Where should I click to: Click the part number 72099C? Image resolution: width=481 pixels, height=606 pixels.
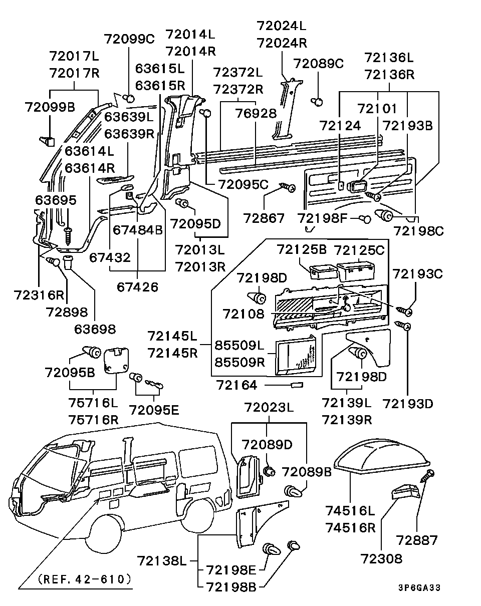[130, 39]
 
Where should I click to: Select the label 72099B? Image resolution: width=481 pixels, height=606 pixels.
[50, 107]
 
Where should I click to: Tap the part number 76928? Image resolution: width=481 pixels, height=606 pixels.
[256, 114]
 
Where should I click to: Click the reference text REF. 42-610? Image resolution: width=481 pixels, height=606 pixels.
[85, 579]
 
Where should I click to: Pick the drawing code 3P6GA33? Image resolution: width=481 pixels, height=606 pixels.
[420, 588]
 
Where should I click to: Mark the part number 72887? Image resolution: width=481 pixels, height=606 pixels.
[417, 540]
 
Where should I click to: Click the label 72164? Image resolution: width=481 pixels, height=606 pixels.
[236, 385]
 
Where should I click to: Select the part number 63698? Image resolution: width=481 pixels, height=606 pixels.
[95, 329]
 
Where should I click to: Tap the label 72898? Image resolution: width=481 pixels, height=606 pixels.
[66, 312]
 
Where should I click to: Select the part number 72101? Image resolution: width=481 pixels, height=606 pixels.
[377, 108]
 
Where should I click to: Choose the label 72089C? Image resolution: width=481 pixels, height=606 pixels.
[318, 64]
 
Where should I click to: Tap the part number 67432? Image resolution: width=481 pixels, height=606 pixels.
[110, 257]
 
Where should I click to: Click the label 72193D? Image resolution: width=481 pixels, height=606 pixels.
[407, 403]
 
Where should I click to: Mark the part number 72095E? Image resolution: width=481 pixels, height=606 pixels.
[154, 410]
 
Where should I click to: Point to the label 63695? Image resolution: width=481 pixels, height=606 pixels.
[56, 200]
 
